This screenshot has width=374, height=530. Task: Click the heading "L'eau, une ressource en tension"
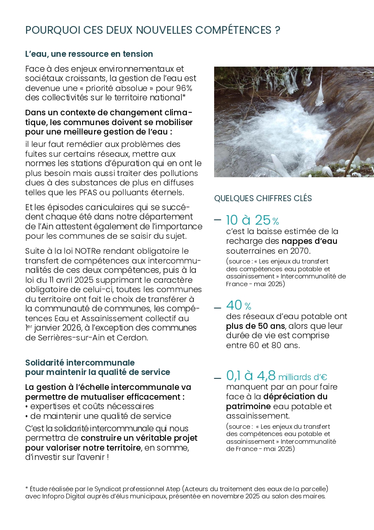pos(89,54)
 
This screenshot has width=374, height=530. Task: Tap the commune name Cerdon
pos(148,337)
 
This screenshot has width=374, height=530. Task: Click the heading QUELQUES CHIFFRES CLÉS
pos(263,199)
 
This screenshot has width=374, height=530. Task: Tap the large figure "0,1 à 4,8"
pos(250,376)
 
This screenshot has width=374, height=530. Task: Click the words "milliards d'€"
pos(303,377)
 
